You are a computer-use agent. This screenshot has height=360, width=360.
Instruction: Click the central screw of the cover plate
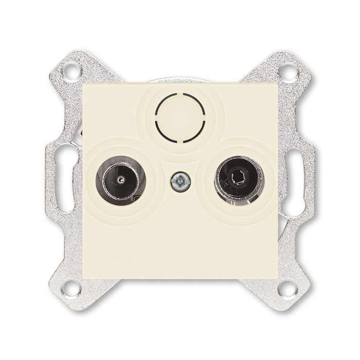[x=180, y=181]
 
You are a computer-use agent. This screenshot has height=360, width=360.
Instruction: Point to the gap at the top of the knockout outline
[x=180, y=95]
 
